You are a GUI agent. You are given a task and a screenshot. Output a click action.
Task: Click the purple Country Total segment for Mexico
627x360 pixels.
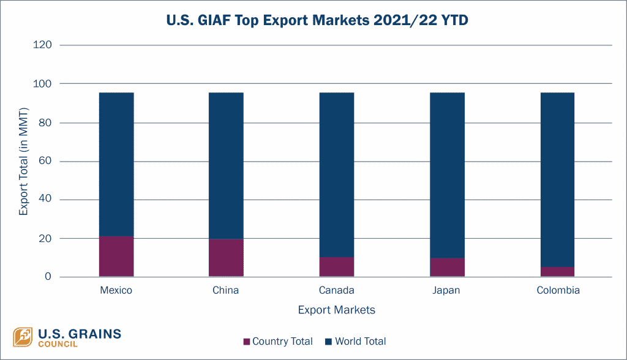[116, 257]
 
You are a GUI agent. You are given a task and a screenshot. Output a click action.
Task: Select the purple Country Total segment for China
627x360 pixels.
[226, 258]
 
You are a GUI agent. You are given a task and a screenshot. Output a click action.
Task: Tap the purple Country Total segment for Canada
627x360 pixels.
[336, 267]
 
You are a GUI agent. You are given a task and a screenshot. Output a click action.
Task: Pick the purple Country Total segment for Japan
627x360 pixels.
[447, 268]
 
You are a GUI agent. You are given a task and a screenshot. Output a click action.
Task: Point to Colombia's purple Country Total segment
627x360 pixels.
[557, 272]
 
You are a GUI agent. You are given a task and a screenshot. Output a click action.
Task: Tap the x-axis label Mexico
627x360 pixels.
[116, 290]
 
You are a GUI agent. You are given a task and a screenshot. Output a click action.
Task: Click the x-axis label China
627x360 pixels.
[226, 290]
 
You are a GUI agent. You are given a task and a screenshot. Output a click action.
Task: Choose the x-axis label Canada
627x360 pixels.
[336, 290]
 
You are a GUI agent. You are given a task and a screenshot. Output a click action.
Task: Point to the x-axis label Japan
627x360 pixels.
[447, 290]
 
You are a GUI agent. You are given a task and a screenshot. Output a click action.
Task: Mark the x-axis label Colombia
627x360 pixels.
[557, 290]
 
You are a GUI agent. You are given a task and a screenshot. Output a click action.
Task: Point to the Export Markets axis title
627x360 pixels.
[336, 310]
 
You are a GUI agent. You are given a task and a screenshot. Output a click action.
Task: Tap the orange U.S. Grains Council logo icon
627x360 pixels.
[23, 337]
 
